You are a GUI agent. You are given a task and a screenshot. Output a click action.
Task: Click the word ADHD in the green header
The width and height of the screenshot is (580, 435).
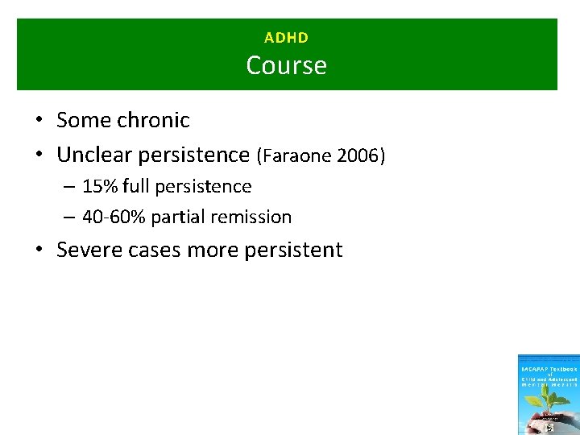pyautogui.click(x=286, y=37)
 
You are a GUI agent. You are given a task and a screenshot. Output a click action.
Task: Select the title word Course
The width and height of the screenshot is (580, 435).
pyautogui.click(x=286, y=64)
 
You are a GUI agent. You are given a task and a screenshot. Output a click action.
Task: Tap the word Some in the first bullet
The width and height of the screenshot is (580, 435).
pyautogui.click(x=84, y=120)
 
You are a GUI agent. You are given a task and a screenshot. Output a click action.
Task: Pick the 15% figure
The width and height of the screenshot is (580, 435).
pyautogui.click(x=100, y=186)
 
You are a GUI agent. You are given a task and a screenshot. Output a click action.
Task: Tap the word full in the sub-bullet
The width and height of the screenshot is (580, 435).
pyautogui.click(x=136, y=186)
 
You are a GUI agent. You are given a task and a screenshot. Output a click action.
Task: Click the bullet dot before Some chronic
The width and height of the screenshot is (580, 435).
pyautogui.click(x=39, y=121)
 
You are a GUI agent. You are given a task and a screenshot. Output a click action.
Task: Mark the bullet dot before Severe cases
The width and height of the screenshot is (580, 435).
pyautogui.click(x=39, y=251)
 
